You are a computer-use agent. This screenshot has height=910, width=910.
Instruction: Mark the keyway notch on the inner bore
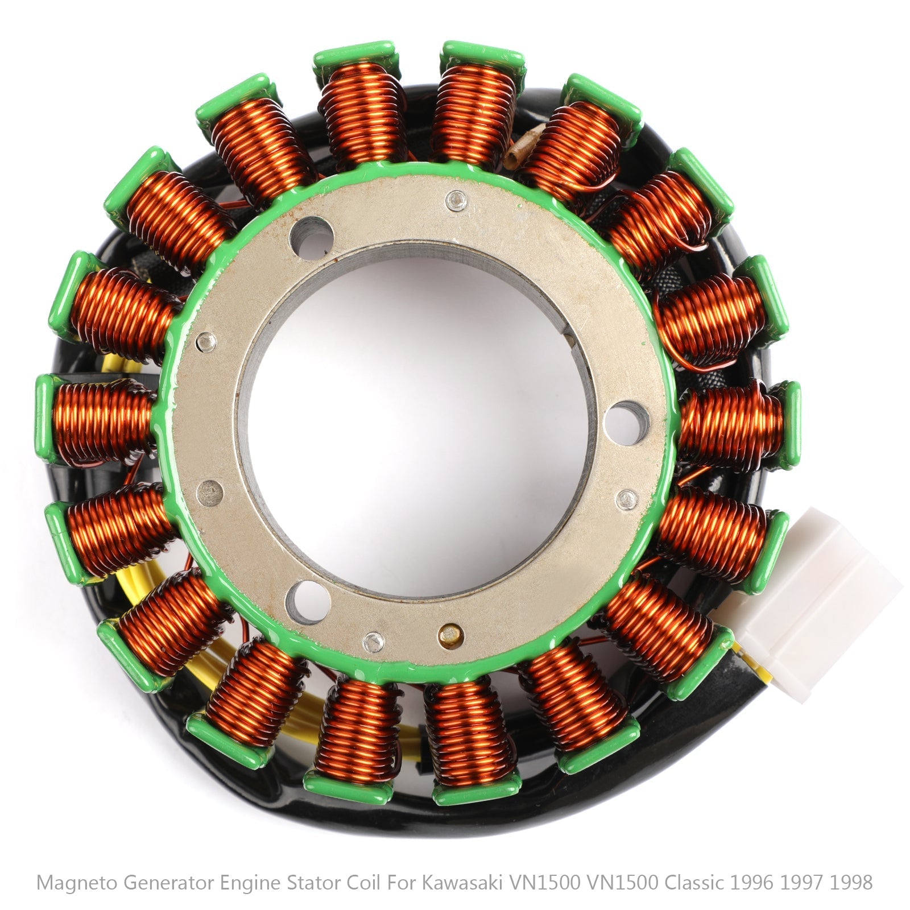pyautogui.click(x=570, y=340)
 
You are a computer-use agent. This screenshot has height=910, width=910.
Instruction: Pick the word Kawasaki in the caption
pyautogui.click(x=463, y=882)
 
